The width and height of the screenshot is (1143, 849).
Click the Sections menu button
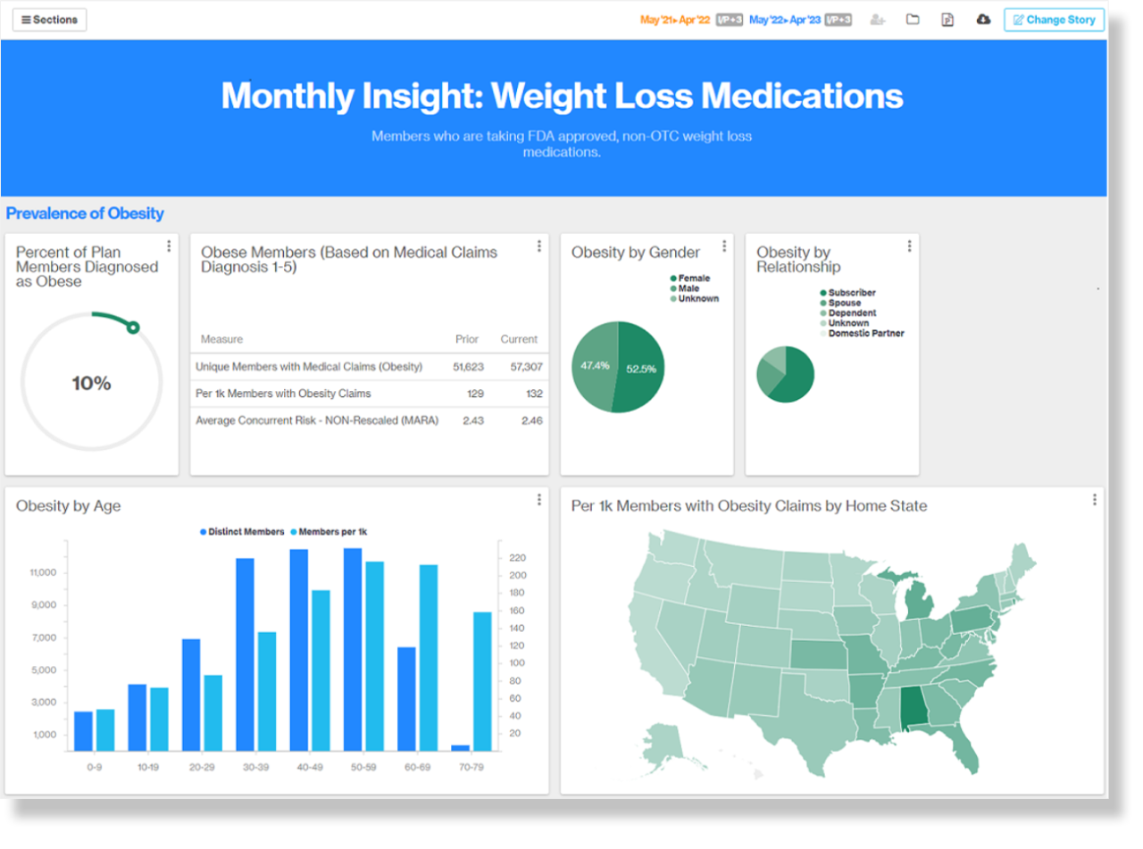pos(49,20)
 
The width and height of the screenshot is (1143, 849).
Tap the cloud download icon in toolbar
pos(983,20)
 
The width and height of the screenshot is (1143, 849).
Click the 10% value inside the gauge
pos(91,384)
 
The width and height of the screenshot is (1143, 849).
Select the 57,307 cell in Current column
pos(527,367)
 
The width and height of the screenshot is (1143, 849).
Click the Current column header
pos(519,339)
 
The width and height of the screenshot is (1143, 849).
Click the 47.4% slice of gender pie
pos(594,366)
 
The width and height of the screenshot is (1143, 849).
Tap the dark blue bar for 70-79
pos(460,747)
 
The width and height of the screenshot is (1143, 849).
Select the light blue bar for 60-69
pos(429,657)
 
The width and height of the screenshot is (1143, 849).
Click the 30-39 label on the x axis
pos(256,767)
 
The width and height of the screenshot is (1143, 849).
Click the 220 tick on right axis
pos(517,558)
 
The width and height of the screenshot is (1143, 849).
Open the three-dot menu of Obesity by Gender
pos(724,246)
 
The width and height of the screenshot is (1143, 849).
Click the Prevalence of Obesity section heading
pos(85,214)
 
